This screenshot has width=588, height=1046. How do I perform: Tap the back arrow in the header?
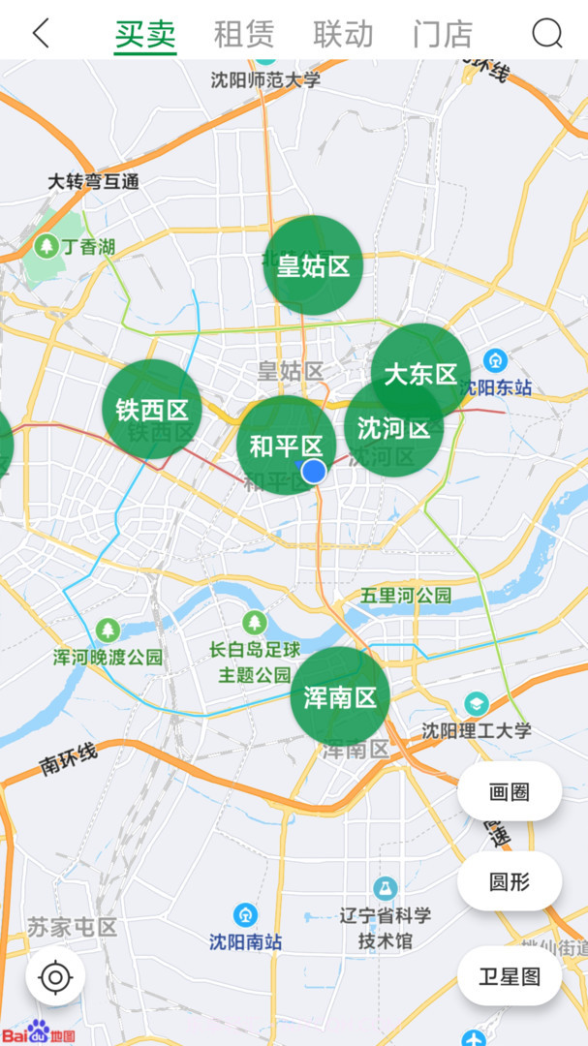41,34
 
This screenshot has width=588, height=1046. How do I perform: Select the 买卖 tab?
145,34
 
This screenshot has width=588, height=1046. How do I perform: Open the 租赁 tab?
243,34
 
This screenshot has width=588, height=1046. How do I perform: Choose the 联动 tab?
343,34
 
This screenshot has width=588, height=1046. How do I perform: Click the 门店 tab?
443,34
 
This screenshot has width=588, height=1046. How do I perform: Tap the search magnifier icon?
547,34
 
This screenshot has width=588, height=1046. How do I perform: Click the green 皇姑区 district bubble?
313,264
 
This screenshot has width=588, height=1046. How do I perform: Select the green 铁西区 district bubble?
152,409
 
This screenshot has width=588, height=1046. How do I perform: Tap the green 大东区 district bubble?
420,373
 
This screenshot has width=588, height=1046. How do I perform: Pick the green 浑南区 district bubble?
340,697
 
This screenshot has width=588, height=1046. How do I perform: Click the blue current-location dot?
314,471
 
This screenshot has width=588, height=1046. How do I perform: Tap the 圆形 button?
510,881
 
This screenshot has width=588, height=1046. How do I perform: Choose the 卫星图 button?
510,975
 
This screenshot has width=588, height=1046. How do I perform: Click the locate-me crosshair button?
55,977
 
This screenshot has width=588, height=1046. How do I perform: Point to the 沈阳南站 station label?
246,940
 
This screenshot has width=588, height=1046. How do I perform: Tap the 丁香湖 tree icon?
46,247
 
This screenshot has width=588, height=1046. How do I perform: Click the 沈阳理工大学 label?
477,730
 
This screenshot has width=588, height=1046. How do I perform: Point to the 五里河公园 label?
406,595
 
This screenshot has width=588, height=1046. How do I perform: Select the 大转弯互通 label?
93,181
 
